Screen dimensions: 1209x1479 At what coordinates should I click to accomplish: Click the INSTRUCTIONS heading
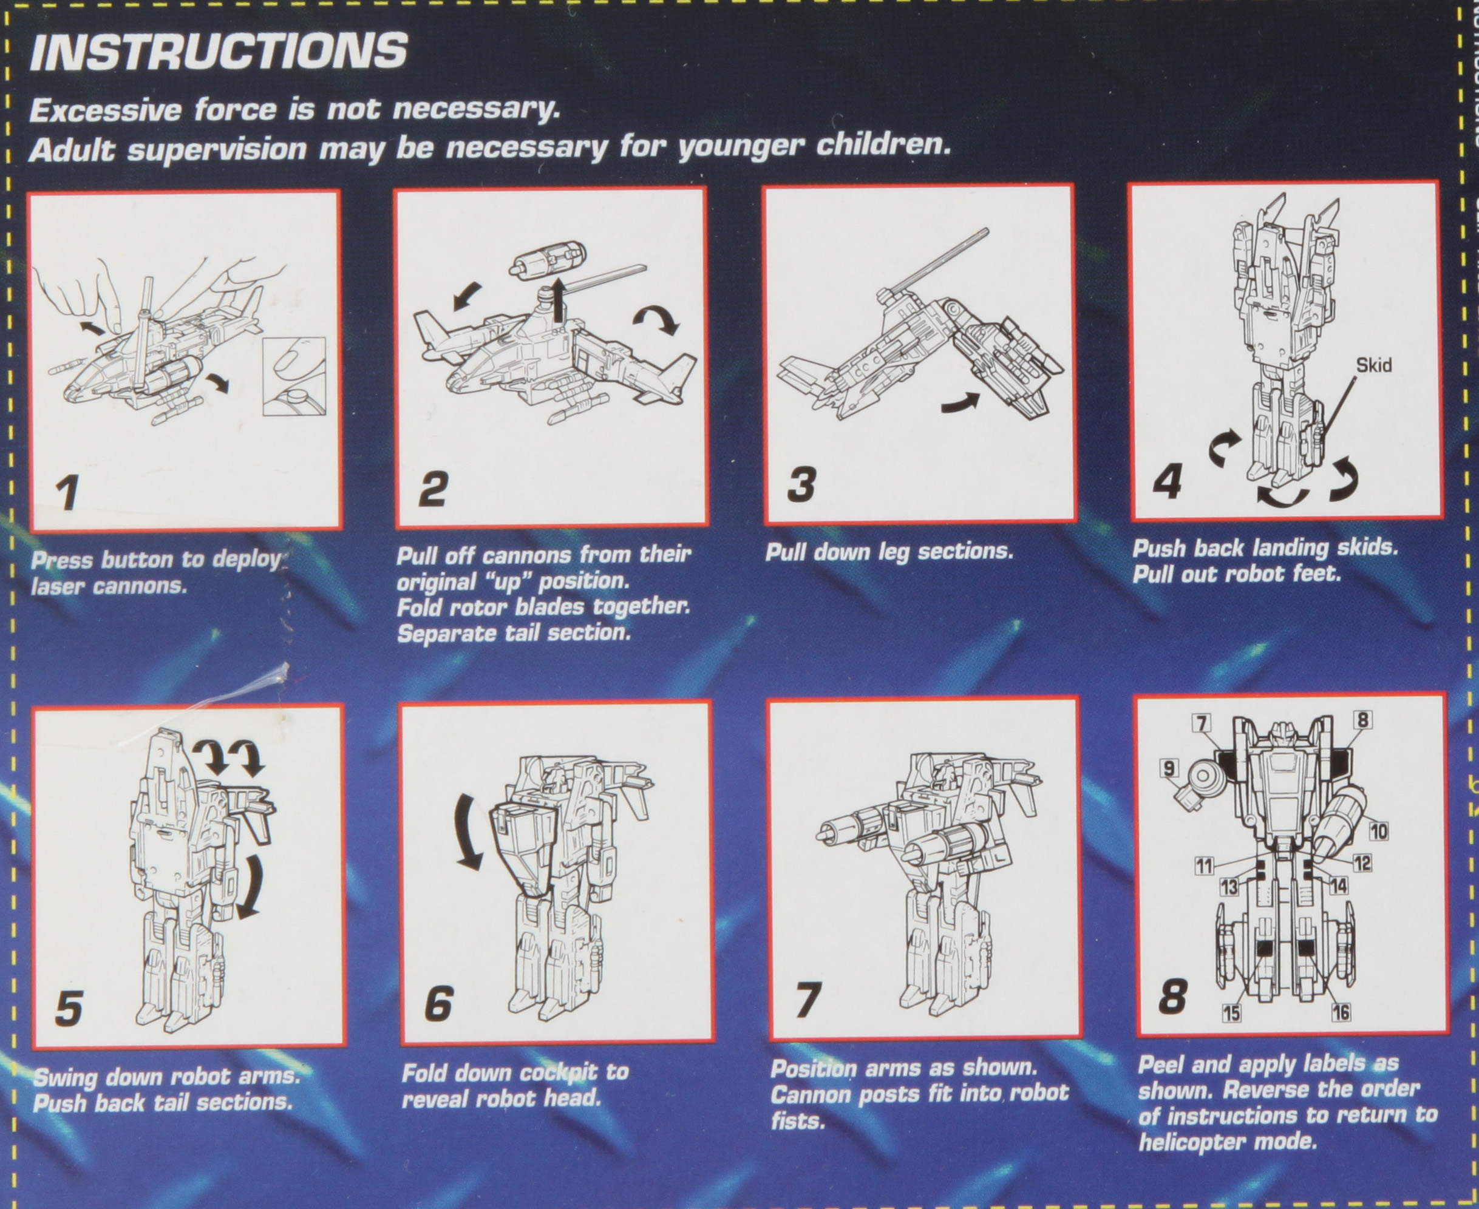218,51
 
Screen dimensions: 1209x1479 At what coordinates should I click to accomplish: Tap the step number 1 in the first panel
67,493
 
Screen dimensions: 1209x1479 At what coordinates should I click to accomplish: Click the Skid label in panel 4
1374,365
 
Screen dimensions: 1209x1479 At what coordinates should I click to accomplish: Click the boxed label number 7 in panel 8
1200,723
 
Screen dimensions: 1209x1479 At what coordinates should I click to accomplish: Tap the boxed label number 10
1378,831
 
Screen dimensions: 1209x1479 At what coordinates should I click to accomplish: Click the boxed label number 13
1229,887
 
